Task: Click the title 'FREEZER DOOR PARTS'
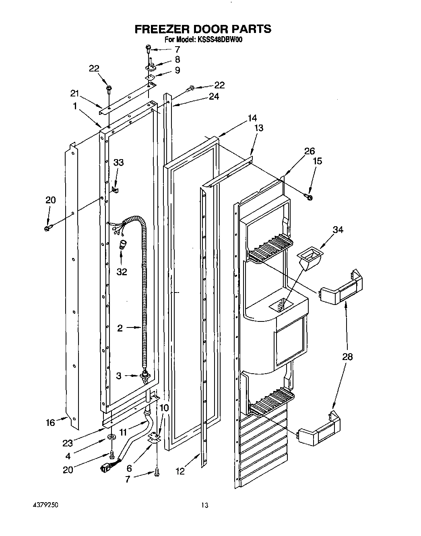click(202, 29)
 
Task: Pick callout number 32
click(122, 272)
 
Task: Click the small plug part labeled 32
click(122, 245)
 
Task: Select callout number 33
click(118, 162)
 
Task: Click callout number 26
click(309, 151)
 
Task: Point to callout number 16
click(50, 423)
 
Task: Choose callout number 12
click(180, 471)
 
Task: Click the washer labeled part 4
click(111, 437)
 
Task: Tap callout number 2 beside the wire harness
click(120, 328)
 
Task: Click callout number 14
click(252, 118)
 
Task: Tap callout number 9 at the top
click(177, 70)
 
